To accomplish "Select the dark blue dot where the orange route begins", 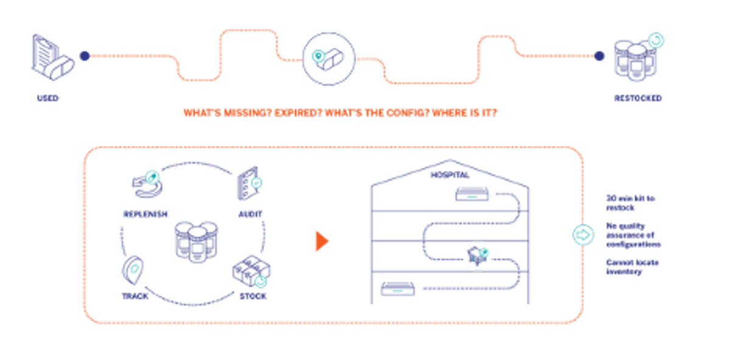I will [85, 56].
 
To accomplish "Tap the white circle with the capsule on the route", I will [328, 58].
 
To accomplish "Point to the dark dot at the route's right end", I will [600, 56].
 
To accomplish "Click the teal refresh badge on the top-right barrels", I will [656, 41].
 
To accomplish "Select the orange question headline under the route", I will [339, 112].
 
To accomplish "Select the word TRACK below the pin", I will [134, 296].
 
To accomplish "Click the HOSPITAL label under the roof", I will [449, 175].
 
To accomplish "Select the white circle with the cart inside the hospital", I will [478, 256].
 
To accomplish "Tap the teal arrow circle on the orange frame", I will [583, 234].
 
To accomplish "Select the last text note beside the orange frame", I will [633, 268].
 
